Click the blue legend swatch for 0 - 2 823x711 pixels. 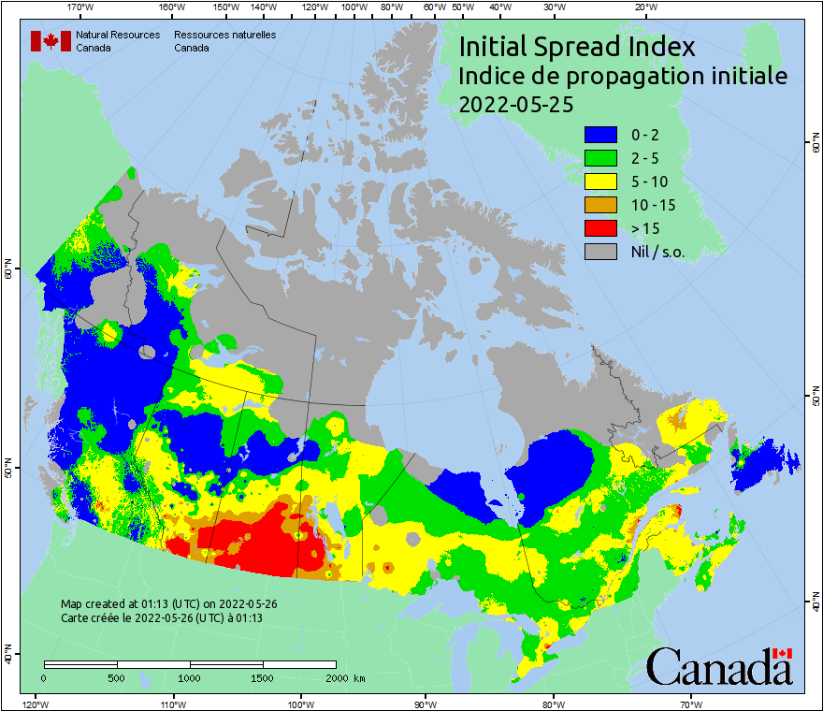pos(602,135)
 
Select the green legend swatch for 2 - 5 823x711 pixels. pos(602,158)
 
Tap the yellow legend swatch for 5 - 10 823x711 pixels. pos(602,181)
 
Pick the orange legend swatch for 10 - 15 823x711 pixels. pos(602,205)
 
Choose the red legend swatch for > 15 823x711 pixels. pos(602,228)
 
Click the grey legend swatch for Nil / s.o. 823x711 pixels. pos(602,252)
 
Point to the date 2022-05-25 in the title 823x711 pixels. pos(515,104)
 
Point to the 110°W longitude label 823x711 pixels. pos(173,704)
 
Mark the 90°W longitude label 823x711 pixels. pos(425,704)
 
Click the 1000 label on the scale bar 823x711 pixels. pos(190,677)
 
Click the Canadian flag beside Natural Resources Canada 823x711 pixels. pos(51,41)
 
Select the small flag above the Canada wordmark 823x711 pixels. pos(783,653)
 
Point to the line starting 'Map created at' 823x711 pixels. pos(168,603)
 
